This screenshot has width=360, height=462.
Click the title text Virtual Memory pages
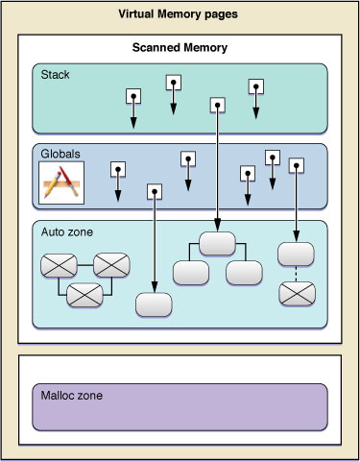pos(180,15)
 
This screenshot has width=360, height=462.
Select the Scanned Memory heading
pos(179,47)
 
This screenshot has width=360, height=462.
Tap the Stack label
pos(56,73)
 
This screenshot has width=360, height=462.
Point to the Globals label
pos(60,152)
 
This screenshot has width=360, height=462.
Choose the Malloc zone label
pos(72,394)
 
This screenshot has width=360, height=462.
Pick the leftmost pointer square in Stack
pos(133,95)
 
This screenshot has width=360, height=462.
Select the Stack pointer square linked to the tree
pos(218,104)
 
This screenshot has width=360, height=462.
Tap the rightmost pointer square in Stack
pos(256,86)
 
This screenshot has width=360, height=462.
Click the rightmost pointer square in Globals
pos(296,166)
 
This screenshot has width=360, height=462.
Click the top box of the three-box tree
pos(218,243)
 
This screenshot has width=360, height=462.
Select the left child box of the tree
pos(191,272)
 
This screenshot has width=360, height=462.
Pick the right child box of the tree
pos(244,272)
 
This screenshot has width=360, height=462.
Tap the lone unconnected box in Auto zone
pos(154,304)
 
